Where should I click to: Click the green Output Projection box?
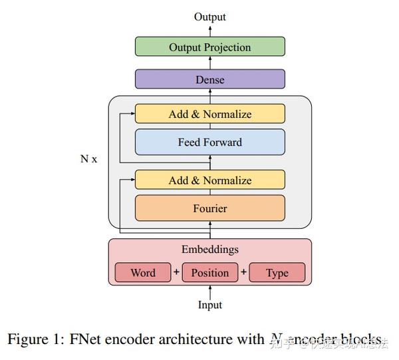pos(209,47)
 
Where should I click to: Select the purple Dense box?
pos(209,79)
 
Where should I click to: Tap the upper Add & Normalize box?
pos(209,114)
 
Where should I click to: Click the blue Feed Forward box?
pos(209,142)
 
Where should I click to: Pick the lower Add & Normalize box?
pos(209,180)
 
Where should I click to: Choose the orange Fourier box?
pos(209,208)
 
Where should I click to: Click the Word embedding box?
pos(143,273)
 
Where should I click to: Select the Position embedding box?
pos(209,273)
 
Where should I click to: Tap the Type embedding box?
pos(277,273)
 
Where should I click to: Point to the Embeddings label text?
pos(209,250)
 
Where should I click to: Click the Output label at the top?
pos(209,17)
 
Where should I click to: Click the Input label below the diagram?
pos(209,305)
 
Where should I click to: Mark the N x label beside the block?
pos(88,160)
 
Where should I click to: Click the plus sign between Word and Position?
pos(176,272)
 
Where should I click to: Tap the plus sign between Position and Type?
pos(243,272)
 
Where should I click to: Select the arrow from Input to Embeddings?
pos(210,291)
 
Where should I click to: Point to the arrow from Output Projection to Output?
pos(210,30)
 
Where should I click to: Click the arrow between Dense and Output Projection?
pos(210,63)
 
